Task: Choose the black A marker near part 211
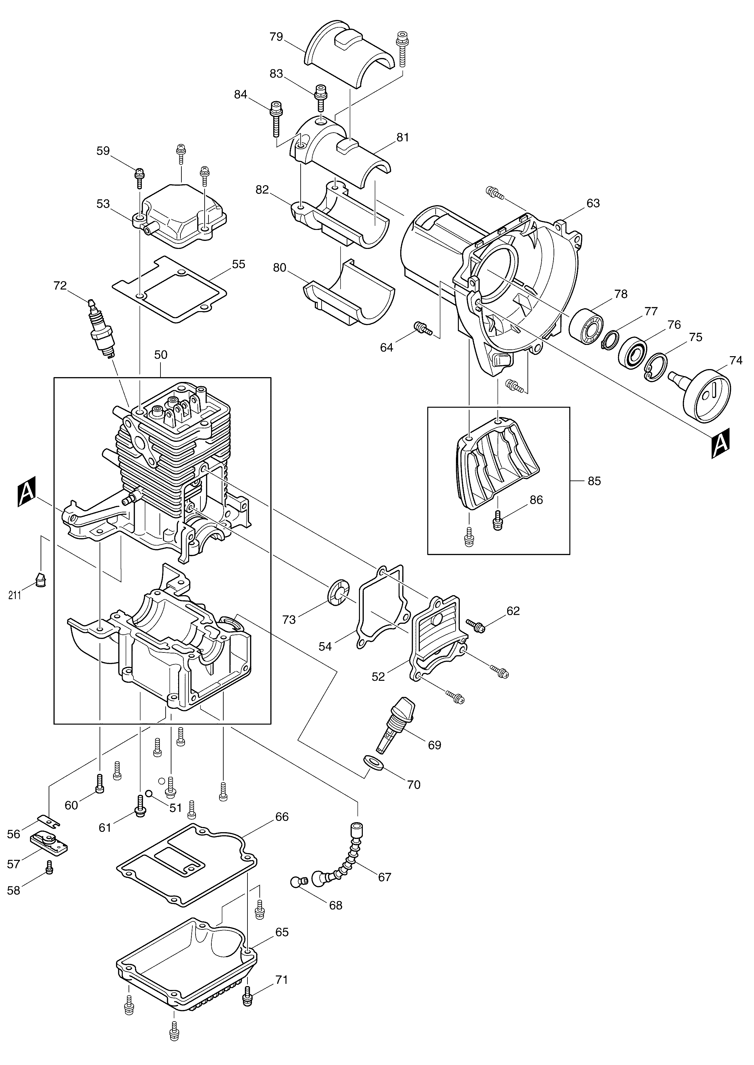point(26,493)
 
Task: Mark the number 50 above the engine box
point(161,355)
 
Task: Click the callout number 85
point(594,481)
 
